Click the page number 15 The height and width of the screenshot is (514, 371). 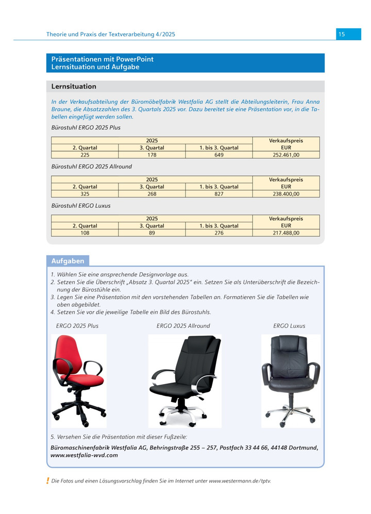pyautogui.click(x=342, y=34)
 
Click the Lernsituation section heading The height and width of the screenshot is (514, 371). pyautogui.click(x=74, y=86)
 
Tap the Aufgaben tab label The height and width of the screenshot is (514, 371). pyautogui.click(x=68, y=261)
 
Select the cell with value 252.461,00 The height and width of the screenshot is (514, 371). pyautogui.click(x=286, y=154)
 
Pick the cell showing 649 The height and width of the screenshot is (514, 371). pyautogui.click(x=219, y=154)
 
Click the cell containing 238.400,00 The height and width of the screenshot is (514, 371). pyautogui.click(x=286, y=194)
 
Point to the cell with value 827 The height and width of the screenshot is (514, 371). pyautogui.click(x=219, y=194)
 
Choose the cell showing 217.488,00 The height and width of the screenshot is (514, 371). pyautogui.click(x=286, y=233)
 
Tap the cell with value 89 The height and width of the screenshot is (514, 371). pyautogui.click(x=152, y=233)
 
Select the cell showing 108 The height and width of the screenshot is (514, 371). pyautogui.click(x=85, y=233)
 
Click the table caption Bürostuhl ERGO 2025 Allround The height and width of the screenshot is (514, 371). pyautogui.click(x=92, y=167)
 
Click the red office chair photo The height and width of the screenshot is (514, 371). pyautogui.click(x=79, y=380)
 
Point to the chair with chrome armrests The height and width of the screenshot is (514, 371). pyautogui.click(x=184, y=380)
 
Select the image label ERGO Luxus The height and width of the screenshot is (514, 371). pyautogui.click(x=289, y=326)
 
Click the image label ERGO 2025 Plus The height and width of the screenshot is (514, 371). pyautogui.click(x=77, y=326)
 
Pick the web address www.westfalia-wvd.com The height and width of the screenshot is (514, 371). pyautogui.click(x=85, y=455)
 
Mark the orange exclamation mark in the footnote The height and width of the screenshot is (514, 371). pyautogui.click(x=48, y=481)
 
